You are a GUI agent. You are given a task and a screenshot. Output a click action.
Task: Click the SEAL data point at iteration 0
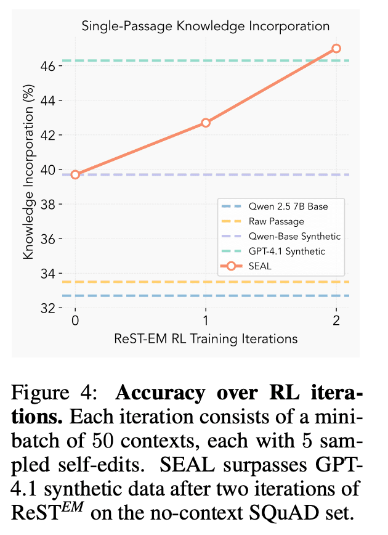pos(75,174)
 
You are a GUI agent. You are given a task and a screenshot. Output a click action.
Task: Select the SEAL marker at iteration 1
pos(206,123)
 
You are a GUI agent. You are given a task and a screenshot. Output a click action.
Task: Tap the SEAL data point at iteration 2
pos(336,48)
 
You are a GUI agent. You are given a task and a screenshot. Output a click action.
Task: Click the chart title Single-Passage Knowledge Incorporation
pos(206,26)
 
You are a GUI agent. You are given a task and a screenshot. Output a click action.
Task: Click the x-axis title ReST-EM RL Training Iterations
pos(206,338)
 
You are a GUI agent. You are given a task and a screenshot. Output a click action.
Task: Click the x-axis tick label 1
pos(206,321)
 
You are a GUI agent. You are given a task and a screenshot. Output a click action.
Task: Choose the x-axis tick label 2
pos(336,321)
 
